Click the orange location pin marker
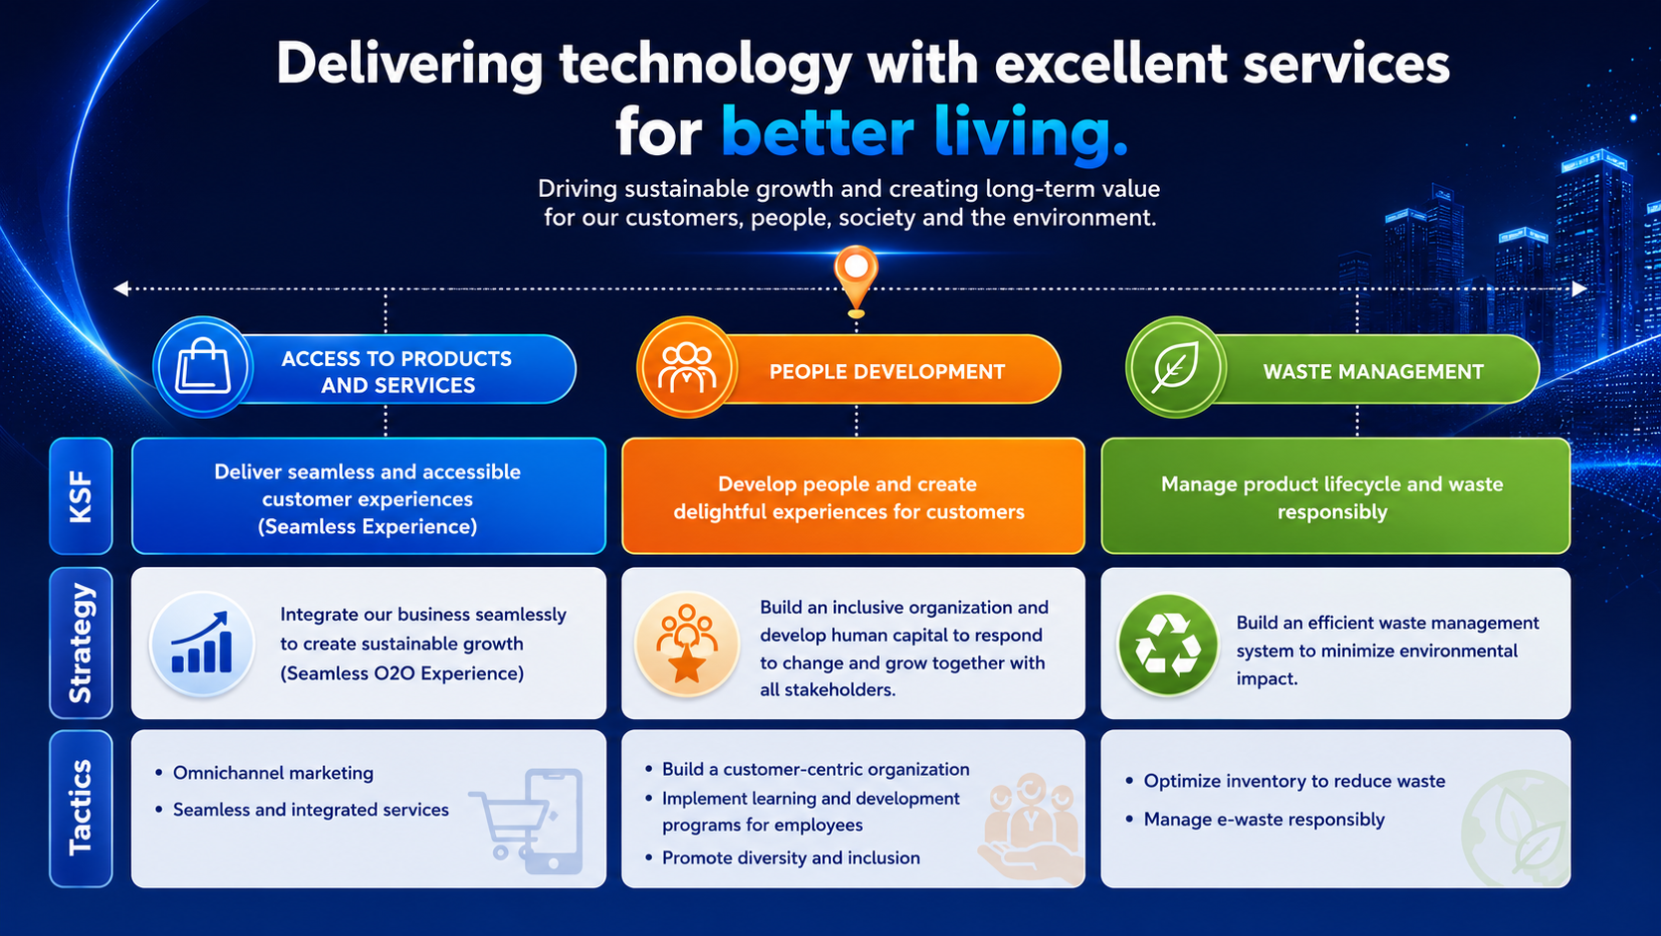(856, 280)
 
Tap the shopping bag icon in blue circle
(203, 367)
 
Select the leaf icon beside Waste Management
(1175, 367)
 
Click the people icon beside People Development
(687, 367)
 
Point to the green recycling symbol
(1168, 645)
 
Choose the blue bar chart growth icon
(202, 643)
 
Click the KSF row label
(81, 495)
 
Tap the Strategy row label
(81, 643)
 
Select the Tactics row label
(81, 809)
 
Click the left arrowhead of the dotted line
(121, 288)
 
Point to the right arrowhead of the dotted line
(1578, 288)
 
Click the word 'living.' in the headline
(1030, 133)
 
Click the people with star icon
(687, 644)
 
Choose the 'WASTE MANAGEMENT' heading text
(1374, 371)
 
